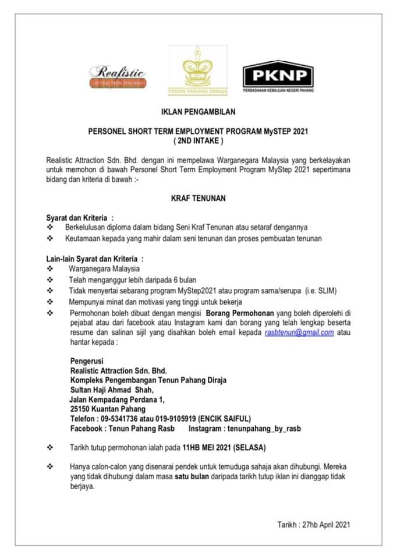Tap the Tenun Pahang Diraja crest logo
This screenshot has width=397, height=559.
[197, 70]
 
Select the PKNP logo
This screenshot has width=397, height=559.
[278, 76]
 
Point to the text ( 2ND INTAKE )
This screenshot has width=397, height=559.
[198, 141]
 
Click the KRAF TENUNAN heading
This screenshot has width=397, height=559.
[198, 198]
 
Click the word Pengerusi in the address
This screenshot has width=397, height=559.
[86, 361]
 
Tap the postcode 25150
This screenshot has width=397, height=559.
[79, 409]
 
